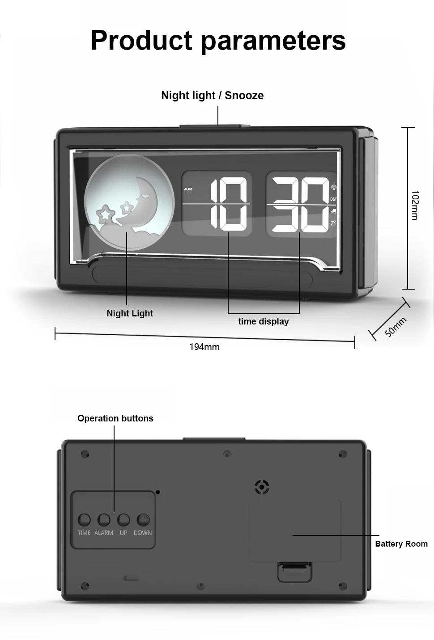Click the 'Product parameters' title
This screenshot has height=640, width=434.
coord(218,40)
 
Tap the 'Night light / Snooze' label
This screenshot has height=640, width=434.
coord(212,95)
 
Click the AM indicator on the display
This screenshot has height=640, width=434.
coord(188,189)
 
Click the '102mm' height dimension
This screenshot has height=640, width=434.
coord(415,205)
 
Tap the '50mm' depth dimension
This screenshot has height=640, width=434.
coord(395,327)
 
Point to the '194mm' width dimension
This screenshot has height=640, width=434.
coord(204,347)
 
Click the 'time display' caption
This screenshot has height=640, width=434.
coord(264,321)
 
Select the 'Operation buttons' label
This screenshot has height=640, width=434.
coord(115,418)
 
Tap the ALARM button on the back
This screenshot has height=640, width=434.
coord(104,520)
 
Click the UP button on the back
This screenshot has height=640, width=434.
coord(123,520)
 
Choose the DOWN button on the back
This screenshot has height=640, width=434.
coord(143,520)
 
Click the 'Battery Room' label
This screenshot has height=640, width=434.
coord(401,544)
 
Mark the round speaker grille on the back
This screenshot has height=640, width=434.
coord(262,487)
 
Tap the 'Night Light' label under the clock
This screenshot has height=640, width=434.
coord(130,313)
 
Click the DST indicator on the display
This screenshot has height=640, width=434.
coord(333,199)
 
